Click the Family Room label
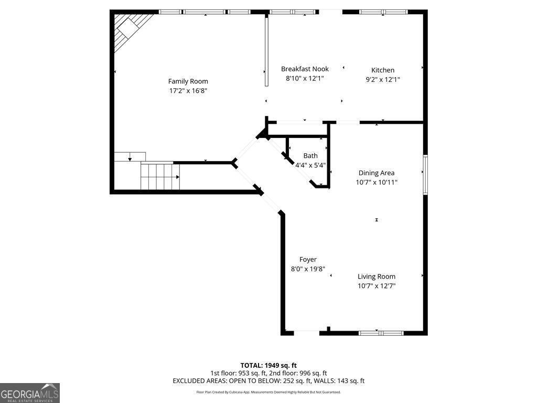point(188,81)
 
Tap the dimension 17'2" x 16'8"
point(188,91)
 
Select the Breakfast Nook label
point(305,69)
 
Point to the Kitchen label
point(383,70)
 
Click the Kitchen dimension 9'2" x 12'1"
point(383,80)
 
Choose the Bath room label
point(310,156)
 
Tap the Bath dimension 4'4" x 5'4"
point(310,165)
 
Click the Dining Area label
point(377,173)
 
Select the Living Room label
point(377,277)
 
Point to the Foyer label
point(308,260)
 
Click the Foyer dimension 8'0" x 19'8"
point(308,269)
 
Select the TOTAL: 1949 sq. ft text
point(268,365)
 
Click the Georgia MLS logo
point(30,393)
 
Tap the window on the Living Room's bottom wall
point(381,333)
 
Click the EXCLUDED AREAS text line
point(268,381)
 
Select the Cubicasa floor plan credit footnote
point(268,392)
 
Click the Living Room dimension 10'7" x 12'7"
point(377,286)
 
